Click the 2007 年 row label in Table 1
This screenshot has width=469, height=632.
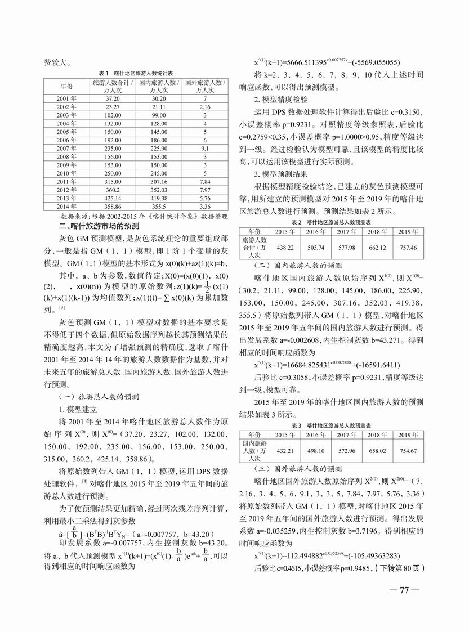click(x=66, y=149)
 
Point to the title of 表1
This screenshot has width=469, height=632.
click(x=135, y=73)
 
